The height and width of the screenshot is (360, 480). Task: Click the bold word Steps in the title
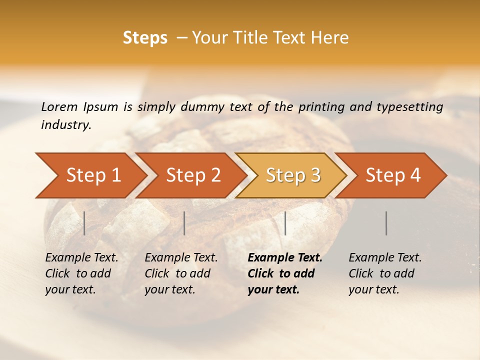[145, 38]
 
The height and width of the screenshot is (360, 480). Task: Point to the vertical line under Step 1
[84, 223]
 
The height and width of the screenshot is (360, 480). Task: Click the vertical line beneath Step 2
[184, 223]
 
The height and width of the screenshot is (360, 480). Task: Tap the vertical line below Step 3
[285, 223]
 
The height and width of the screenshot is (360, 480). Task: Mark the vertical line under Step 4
[386, 223]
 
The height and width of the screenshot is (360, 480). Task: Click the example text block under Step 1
[81, 273]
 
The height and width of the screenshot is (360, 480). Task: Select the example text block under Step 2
[181, 273]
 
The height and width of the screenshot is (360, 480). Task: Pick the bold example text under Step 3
[285, 273]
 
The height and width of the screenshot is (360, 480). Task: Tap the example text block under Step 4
[385, 273]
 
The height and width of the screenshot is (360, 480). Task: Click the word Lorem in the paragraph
[59, 106]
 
